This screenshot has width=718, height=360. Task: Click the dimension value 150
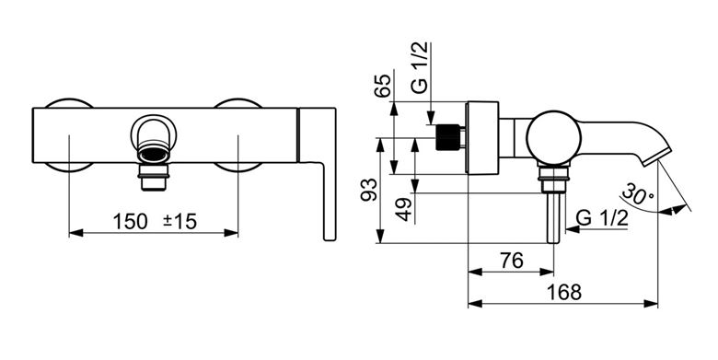pyautogui.click(x=130, y=222)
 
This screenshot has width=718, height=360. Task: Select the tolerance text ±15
pyautogui.click(x=179, y=222)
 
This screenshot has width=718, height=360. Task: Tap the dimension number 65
pyautogui.click(x=383, y=86)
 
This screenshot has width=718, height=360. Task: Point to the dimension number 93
pyautogui.click(x=369, y=190)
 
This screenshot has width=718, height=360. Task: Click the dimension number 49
pyautogui.click(x=403, y=210)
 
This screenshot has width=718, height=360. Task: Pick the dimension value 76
pyautogui.click(x=512, y=261)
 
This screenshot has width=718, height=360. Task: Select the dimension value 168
pyautogui.click(x=563, y=292)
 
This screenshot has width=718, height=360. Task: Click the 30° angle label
pyautogui.click(x=638, y=193)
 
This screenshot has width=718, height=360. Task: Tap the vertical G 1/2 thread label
pyautogui.click(x=420, y=67)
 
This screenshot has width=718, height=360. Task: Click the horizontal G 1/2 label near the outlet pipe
pyautogui.click(x=602, y=218)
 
